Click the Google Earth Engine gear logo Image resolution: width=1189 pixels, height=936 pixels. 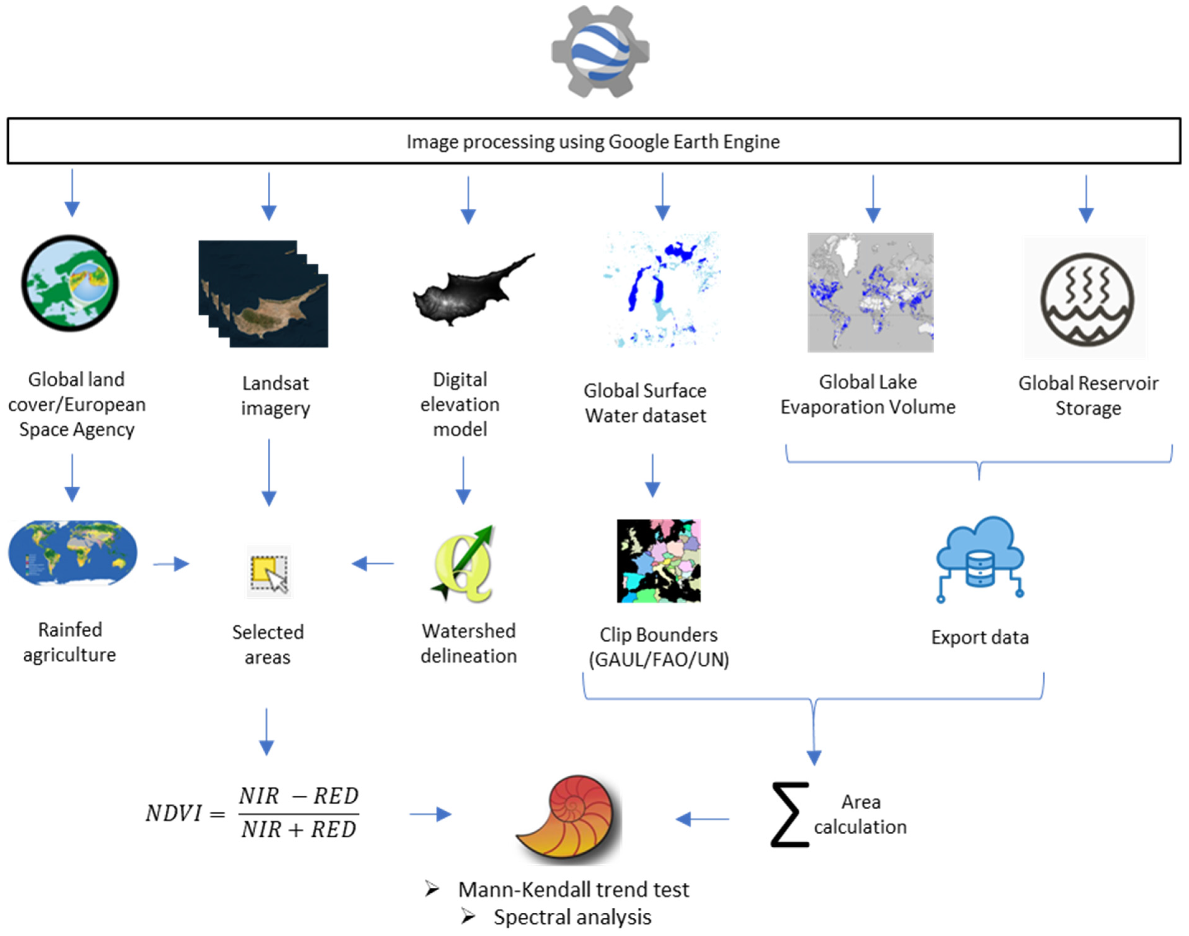(x=600, y=52)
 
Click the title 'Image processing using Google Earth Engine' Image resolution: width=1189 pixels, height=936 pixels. (x=593, y=141)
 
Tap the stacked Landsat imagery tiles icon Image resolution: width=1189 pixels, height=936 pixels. (x=263, y=294)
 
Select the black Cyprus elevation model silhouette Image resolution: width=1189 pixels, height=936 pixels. (x=471, y=290)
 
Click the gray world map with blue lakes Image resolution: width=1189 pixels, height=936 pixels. (x=870, y=292)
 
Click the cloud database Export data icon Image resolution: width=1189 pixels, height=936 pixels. (x=979, y=559)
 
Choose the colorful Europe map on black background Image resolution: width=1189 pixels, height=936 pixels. (x=658, y=561)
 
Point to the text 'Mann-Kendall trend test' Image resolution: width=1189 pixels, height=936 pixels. (x=573, y=889)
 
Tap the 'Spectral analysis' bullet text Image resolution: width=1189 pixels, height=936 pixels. (x=572, y=917)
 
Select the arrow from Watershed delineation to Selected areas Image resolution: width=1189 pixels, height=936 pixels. (x=373, y=563)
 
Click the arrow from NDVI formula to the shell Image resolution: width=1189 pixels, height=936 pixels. (x=430, y=814)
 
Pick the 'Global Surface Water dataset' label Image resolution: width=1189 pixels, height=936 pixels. (x=645, y=403)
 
